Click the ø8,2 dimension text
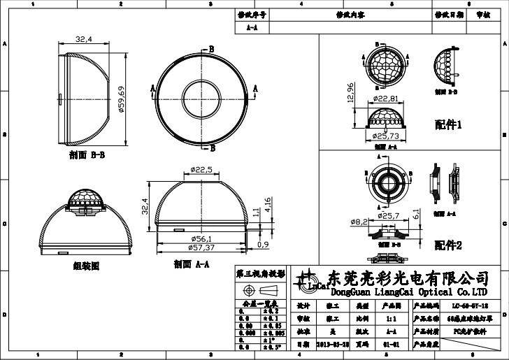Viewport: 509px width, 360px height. [359, 222]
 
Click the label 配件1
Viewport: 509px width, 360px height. [448, 125]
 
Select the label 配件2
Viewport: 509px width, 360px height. [448, 245]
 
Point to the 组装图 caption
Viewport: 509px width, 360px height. [86, 266]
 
